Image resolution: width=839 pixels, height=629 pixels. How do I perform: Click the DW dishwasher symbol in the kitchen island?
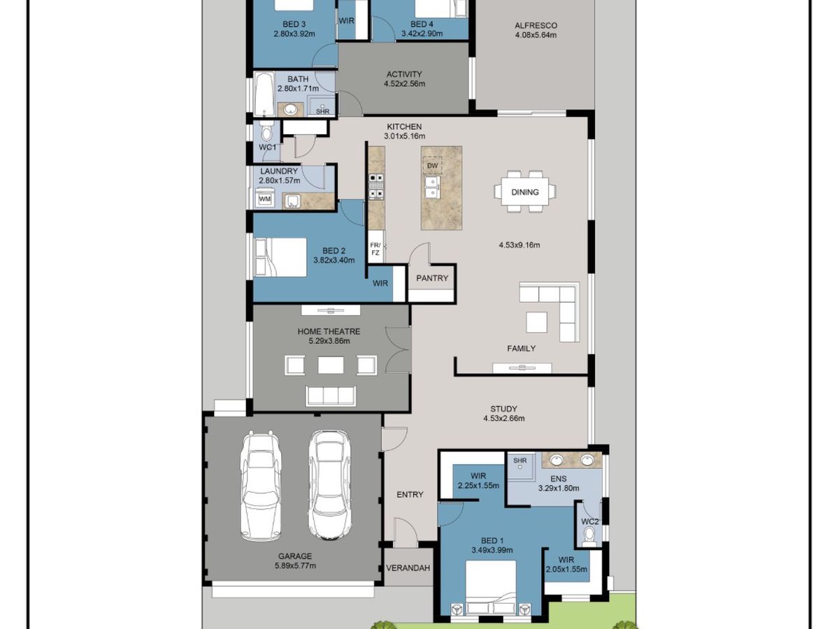point(432,166)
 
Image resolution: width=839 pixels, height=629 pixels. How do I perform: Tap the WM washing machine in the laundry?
point(264,198)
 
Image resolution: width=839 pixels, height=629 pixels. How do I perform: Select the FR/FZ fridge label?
point(375,249)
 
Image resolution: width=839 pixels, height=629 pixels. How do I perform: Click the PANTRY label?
point(432,278)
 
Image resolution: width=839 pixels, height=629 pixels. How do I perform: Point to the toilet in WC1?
point(266,131)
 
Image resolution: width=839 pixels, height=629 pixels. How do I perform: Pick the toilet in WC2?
point(589,535)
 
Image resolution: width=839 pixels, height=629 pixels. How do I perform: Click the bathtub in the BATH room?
point(264,94)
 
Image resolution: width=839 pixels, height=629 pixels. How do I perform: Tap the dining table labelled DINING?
point(525,191)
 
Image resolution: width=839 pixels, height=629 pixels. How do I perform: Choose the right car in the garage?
point(329,485)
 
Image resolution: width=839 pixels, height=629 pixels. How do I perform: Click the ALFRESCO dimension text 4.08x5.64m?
point(536,35)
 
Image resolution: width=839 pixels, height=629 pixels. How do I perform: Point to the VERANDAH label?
point(408,568)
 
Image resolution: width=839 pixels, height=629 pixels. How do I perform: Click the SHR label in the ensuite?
point(520,461)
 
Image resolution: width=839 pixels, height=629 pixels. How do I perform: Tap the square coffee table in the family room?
point(536,322)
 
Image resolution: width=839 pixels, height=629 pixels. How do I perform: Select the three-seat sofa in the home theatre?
point(331,396)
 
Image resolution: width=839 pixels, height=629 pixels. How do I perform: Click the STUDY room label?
point(503,409)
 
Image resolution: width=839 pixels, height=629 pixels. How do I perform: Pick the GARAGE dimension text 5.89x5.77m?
point(295,565)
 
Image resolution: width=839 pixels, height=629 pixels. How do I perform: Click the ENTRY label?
point(410,495)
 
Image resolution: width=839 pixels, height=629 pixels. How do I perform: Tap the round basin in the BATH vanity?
point(290,109)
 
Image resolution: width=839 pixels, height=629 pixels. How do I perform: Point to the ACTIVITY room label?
point(404,74)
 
